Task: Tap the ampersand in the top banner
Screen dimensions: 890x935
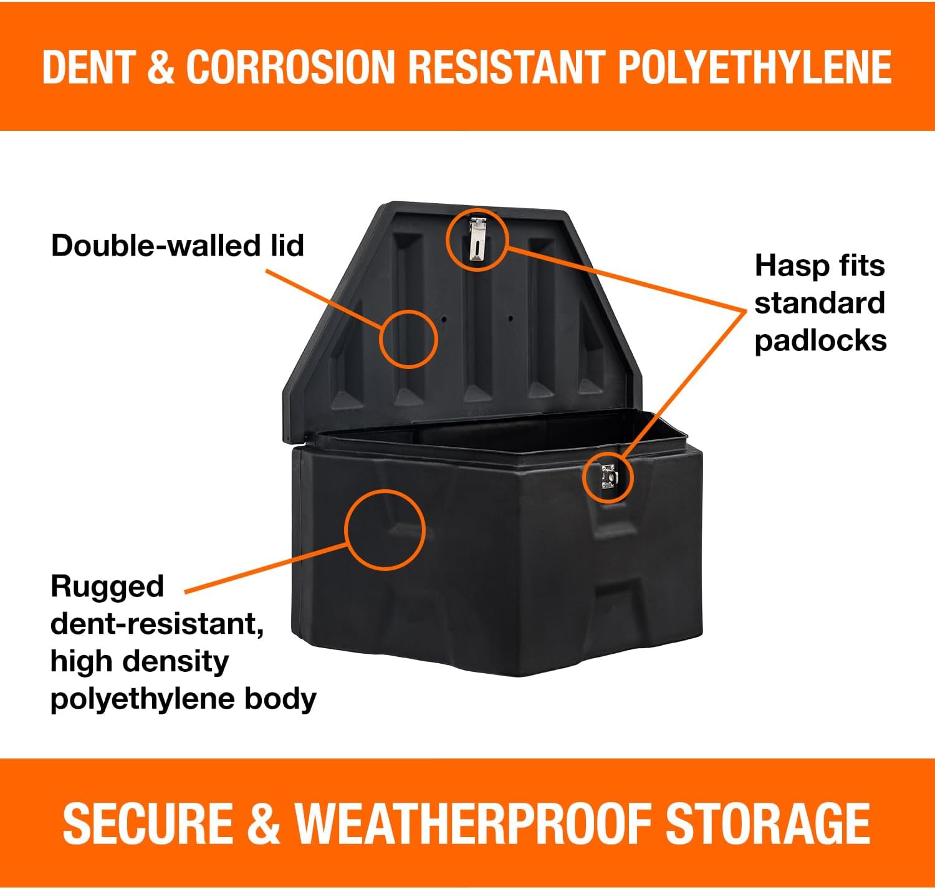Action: [x=161, y=67]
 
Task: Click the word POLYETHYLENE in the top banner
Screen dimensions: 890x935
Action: [x=754, y=67]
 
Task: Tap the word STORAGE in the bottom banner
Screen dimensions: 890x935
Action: [x=768, y=823]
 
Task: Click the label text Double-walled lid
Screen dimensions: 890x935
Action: [x=178, y=246]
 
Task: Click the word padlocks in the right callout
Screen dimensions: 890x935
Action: [x=820, y=341]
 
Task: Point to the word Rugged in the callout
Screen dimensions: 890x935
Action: [x=107, y=586]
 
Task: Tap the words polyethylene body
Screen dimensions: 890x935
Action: [x=183, y=699]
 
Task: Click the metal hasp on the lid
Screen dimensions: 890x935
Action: [x=477, y=241]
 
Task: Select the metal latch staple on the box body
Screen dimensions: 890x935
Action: [x=608, y=477]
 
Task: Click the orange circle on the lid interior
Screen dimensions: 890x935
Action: [x=409, y=338]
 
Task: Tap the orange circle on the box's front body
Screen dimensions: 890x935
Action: [x=385, y=529]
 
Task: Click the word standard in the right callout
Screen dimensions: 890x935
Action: [x=819, y=304]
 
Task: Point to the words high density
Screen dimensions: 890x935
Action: [x=140, y=661]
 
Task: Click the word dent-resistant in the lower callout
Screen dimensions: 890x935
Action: [x=156, y=624]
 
